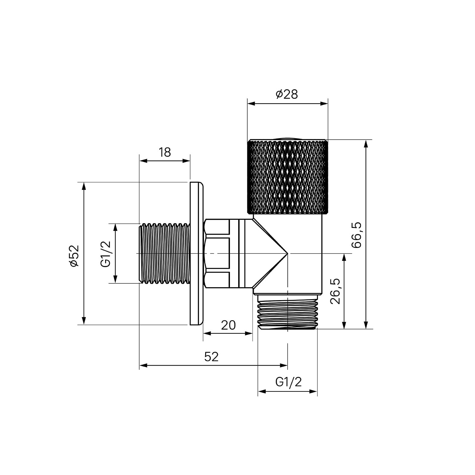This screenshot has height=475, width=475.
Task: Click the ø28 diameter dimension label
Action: pos(287,94)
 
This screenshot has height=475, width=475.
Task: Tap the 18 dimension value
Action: pos(165,152)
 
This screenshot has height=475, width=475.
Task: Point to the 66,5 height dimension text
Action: pos(356,235)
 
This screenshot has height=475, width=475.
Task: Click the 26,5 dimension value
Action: pos(335,291)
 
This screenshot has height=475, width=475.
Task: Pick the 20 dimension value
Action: pos(228,325)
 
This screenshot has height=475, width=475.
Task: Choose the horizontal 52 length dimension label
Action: pos(211,357)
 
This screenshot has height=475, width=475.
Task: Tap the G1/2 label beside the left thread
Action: pos(106,254)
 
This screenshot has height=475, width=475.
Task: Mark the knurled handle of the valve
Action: pos(288,176)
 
